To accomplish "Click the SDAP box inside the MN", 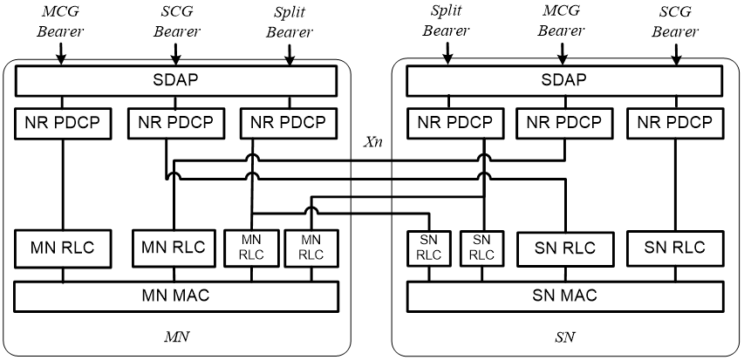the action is (x=176, y=81).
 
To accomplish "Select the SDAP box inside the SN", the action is (x=565, y=81).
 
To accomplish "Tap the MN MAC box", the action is (x=176, y=296).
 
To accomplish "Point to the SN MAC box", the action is (x=565, y=296).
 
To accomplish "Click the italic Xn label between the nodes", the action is (x=372, y=143).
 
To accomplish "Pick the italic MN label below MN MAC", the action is (x=176, y=337).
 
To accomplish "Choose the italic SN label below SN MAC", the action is (x=564, y=337).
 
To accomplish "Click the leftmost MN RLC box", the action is (x=63, y=248).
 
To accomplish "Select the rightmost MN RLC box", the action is (x=311, y=248).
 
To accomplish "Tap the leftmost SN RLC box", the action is (x=429, y=248).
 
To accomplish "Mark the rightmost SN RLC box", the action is (x=675, y=248).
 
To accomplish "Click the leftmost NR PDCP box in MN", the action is (x=63, y=123).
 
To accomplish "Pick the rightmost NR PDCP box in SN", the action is (x=675, y=123).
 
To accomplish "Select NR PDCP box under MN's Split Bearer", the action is (x=289, y=123).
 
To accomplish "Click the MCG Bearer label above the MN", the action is (x=61, y=22).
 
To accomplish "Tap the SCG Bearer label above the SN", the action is (x=675, y=22).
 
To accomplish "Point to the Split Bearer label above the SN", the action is (x=446, y=22).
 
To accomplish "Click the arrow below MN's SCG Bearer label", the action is (x=175, y=54).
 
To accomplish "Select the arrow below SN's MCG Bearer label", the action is (x=563, y=54).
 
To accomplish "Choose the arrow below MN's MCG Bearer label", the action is (x=61, y=54).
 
